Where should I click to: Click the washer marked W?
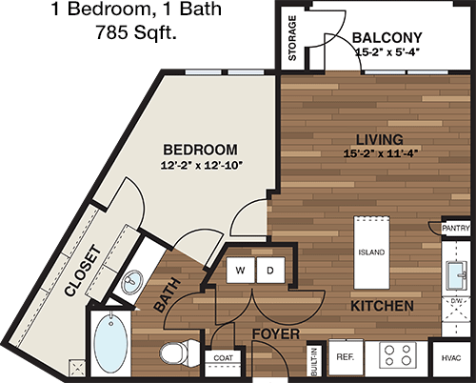pyautogui.click(x=240, y=270)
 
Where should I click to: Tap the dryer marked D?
pyautogui.click(x=270, y=270)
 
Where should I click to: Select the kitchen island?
pyautogui.click(x=371, y=252)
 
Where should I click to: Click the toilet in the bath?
pyautogui.click(x=179, y=353)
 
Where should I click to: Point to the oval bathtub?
pyautogui.click(x=111, y=341)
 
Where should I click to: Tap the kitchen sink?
pyautogui.click(x=457, y=275)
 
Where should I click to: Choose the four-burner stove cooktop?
pyautogui.click(x=398, y=355)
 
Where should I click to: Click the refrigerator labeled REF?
pyautogui.click(x=346, y=356)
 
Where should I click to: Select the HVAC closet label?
pyautogui.click(x=451, y=358)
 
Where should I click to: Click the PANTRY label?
pyautogui.click(x=456, y=228)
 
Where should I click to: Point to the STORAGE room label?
pyautogui.click(x=292, y=38)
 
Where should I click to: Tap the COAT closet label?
pyautogui.click(x=224, y=358)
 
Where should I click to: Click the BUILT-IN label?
pyautogui.click(x=314, y=362)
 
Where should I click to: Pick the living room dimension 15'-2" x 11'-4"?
pyautogui.click(x=380, y=153)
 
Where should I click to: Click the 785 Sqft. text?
pyautogui.click(x=136, y=32)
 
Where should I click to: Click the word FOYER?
pyautogui.click(x=276, y=334)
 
